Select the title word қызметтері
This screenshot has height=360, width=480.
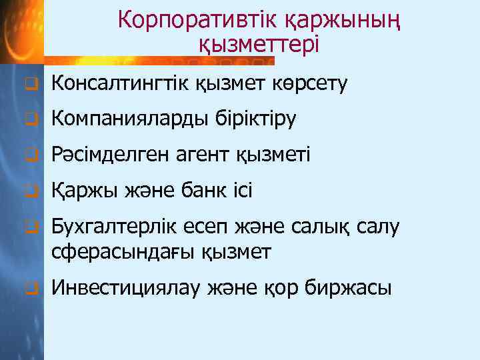[x=259, y=45]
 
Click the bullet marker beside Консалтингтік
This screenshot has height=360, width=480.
[x=29, y=85]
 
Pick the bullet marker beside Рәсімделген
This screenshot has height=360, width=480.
[x=29, y=157]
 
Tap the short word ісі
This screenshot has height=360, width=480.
[x=243, y=192]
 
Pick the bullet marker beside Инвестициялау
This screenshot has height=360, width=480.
[x=29, y=289]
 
